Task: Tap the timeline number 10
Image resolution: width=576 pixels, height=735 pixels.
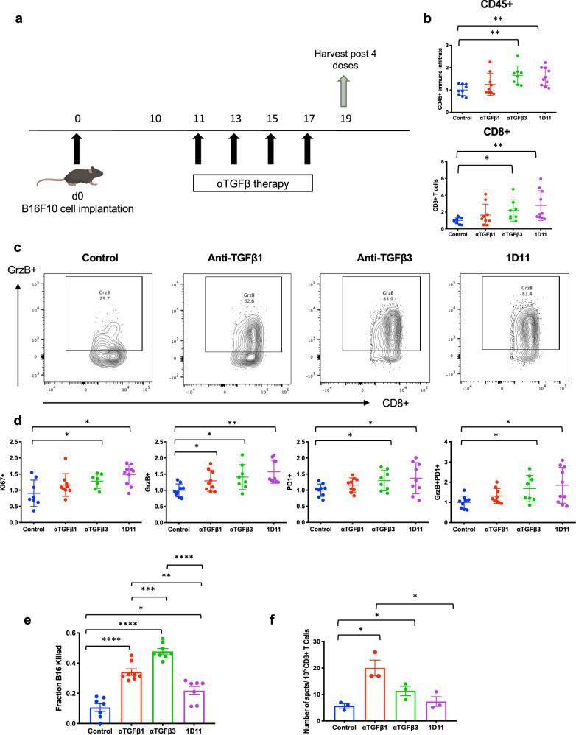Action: click(x=155, y=118)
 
